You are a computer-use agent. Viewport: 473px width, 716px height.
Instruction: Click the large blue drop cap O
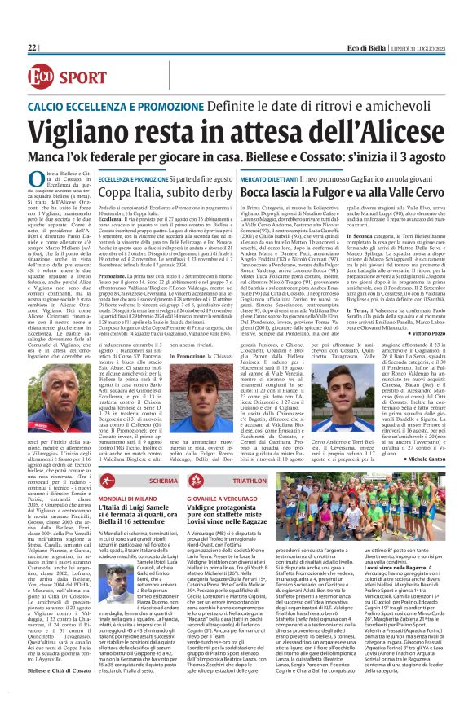(x=35, y=180)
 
